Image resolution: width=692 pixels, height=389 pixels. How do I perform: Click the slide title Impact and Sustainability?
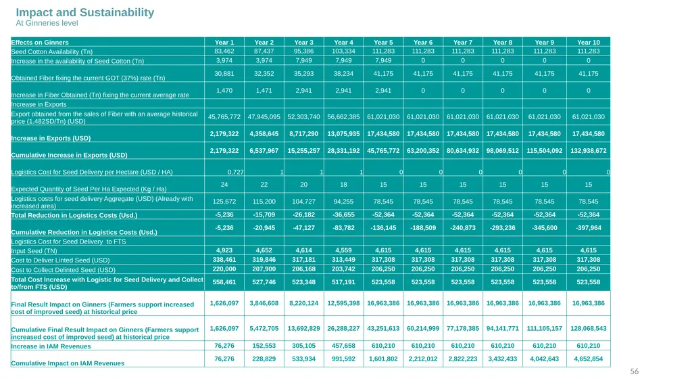click(84, 12)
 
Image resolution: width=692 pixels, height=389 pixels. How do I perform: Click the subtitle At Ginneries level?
click(47, 23)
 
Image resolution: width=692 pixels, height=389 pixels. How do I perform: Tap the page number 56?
click(634, 371)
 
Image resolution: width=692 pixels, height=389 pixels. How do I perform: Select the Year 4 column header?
click(343, 43)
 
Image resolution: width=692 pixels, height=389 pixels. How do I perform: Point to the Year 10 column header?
click(589, 43)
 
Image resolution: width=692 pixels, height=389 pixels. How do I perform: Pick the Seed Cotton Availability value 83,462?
click(224, 51)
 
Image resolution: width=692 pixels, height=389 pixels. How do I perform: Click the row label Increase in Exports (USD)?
click(51, 138)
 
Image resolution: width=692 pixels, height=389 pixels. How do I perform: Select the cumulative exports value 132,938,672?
click(589, 151)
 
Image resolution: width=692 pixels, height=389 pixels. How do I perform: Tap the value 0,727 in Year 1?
click(235, 172)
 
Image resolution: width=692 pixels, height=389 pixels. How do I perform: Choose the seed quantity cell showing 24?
click(224, 184)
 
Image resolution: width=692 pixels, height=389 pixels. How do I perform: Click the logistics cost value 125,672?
click(224, 202)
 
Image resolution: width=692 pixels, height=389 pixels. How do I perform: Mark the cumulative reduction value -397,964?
click(589, 228)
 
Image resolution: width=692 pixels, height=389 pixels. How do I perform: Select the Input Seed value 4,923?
click(224, 250)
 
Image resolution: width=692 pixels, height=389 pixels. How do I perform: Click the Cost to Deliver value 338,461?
click(224, 260)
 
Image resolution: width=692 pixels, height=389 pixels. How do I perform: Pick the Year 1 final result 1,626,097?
click(224, 303)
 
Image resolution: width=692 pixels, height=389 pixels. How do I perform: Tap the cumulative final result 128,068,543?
click(589, 328)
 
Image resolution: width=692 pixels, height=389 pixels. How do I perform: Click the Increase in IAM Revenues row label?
click(51, 346)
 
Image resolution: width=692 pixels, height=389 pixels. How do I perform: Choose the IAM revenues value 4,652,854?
click(589, 359)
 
